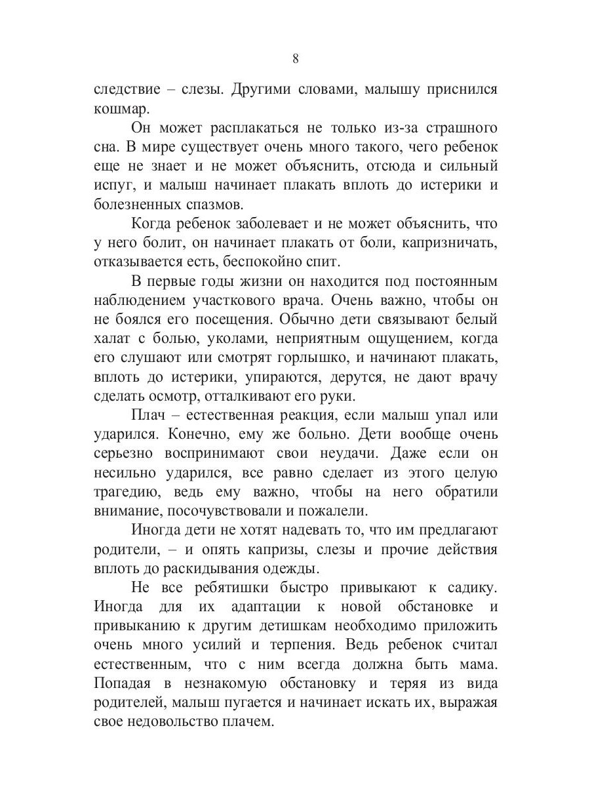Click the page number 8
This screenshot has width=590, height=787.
click(x=295, y=58)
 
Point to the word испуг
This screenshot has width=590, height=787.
click(x=113, y=184)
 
